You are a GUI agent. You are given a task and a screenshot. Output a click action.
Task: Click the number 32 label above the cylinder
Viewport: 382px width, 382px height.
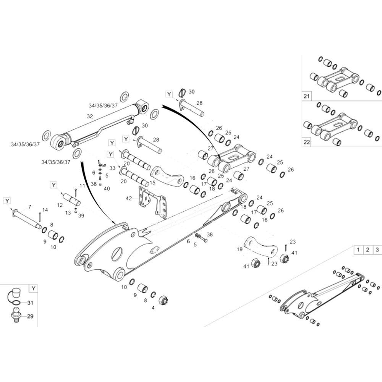(90, 116)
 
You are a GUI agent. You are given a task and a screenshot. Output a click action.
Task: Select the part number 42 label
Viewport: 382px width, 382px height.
(129, 198)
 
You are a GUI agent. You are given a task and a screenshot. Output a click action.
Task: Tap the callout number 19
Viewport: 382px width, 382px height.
(240, 249)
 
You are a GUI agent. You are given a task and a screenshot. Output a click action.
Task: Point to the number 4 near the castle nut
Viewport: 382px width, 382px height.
(153, 307)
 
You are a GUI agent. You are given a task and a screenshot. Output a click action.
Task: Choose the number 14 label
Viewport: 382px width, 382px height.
(45, 210)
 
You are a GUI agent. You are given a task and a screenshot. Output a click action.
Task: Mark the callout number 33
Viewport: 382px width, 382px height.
(112, 168)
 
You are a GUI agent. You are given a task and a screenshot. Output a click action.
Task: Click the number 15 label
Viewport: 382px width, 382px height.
(152, 183)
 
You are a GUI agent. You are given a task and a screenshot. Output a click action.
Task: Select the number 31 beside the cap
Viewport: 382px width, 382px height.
(31, 303)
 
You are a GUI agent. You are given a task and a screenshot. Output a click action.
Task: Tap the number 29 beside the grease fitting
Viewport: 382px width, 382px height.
(31, 316)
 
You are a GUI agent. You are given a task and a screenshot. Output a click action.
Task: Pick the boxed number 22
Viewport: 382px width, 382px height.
(306, 142)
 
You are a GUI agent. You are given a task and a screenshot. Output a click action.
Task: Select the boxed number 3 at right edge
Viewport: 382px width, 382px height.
(377, 250)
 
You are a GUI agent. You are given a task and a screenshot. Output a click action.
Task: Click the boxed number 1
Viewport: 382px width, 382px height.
(358, 250)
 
